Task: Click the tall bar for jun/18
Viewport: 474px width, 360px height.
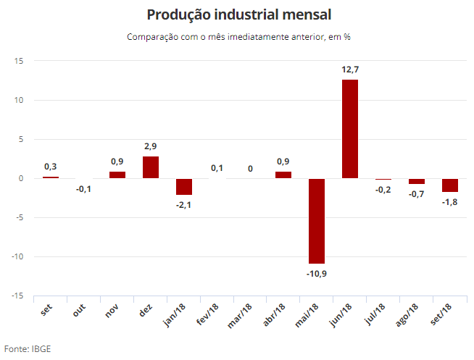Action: click(x=350, y=129)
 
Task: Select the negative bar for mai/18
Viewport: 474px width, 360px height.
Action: click(x=317, y=221)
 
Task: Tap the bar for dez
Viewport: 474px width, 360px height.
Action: click(x=151, y=167)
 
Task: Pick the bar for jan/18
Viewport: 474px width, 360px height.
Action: click(x=184, y=187)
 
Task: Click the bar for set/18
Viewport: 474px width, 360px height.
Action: click(x=450, y=185)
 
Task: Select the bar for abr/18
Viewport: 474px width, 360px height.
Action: click(x=283, y=175)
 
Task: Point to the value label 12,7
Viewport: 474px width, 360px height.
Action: click(x=350, y=70)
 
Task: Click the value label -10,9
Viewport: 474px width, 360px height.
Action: click(x=317, y=274)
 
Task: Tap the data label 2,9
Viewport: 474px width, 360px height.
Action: click(x=151, y=146)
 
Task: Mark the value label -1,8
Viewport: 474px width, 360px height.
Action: click(x=450, y=202)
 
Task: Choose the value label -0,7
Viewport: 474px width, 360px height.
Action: click(x=417, y=194)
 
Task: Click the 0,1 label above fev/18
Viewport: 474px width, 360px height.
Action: click(x=217, y=168)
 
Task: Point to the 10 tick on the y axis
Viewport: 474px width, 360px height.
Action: click(x=19, y=100)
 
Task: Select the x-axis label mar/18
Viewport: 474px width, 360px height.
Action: click(x=239, y=316)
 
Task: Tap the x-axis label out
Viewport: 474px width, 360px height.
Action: click(x=79, y=311)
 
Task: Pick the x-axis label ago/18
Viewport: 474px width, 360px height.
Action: click(x=407, y=315)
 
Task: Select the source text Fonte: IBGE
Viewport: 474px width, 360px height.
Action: click(x=28, y=349)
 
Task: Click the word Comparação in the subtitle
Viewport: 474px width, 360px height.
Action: click(x=153, y=37)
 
